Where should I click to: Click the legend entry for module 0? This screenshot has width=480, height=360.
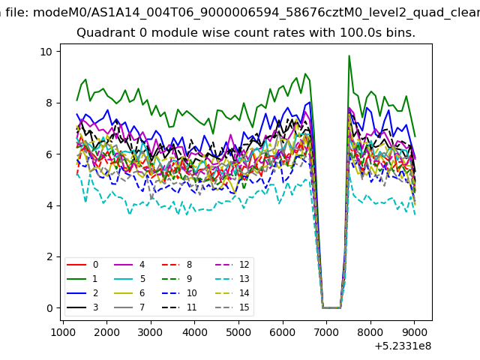click(82, 265)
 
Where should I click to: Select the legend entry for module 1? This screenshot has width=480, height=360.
click(82, 279)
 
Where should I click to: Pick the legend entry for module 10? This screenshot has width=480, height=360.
click(179, 293)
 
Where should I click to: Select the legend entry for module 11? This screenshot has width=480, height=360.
click(179, 307)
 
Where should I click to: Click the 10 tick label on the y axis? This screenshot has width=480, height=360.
click(46, 52)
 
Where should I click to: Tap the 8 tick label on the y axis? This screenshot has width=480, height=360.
click(49, 103)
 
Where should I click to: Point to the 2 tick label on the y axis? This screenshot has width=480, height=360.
click(49, 256)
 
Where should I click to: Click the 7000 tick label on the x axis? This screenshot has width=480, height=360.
click(327, 332)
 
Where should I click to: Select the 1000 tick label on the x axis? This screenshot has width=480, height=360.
click(63, 332)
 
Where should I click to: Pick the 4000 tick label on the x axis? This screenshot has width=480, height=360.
click(195, 332)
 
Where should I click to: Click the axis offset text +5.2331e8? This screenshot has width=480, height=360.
click(403, 346)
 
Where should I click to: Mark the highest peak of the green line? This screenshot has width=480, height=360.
click(349, 55)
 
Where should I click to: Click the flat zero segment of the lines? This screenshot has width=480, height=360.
click(331, 307)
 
